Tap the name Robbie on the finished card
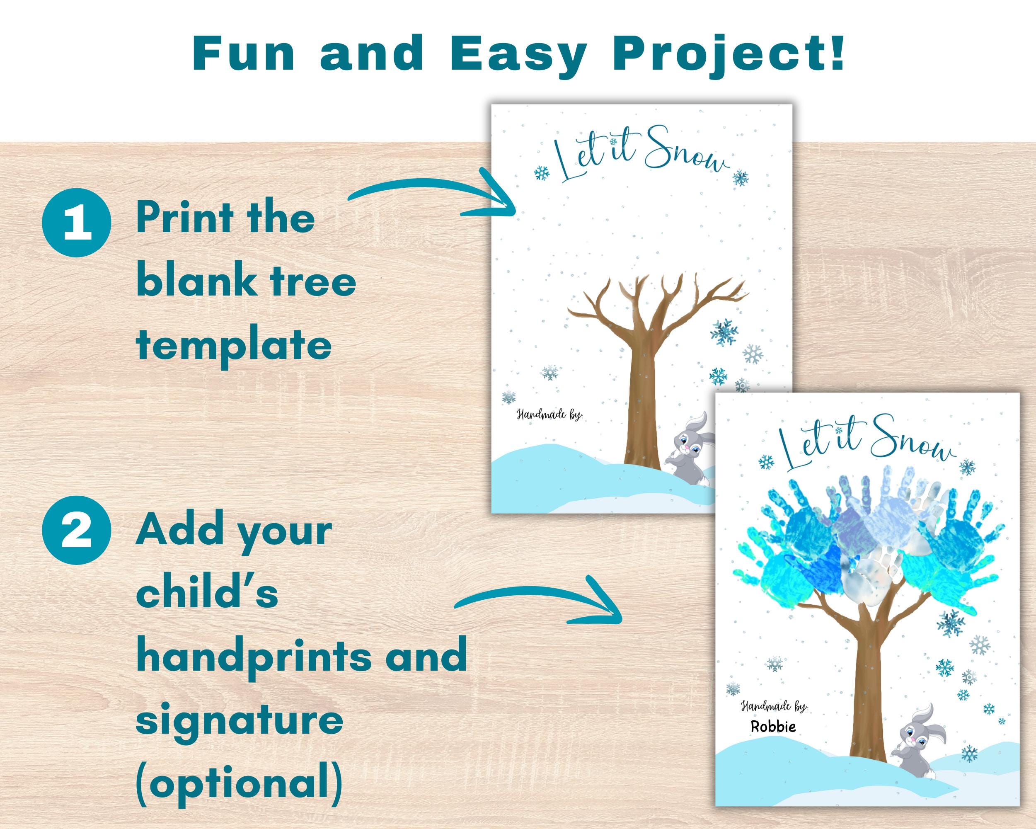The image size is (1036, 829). (773, 726)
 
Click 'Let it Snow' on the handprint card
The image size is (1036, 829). (865, 444)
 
